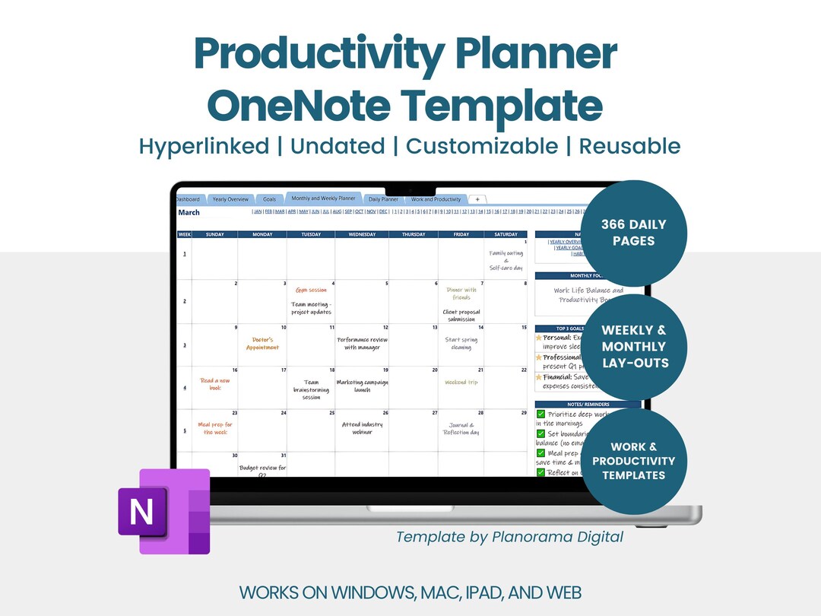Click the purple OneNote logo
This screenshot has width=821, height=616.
tap(163, 511)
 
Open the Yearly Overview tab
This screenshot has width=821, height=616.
tap(230, 199)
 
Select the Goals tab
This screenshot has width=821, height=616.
tap(269, 199)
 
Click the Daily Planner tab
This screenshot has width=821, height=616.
tap(384, 199)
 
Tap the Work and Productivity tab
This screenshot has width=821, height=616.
tap(436, 199)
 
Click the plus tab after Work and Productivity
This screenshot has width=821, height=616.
tap(477, 199)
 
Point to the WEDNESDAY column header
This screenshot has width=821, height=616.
tap(361, 234)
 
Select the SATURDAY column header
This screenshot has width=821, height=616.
tap(506, 234)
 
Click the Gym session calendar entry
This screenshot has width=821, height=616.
tap(311, 290)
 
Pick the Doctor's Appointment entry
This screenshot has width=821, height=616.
tap(262, 343)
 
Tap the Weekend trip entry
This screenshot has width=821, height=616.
tap(461, 382)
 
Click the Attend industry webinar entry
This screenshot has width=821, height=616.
tap(362, 428)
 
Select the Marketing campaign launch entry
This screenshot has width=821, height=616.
tap(362, 386)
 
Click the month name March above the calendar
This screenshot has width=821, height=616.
tap(189, 212)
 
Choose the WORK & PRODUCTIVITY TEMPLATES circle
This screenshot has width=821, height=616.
tap(633, 461)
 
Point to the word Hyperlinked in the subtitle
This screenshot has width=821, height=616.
tap(204, 146)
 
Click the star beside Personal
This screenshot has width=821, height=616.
tap(539, 337)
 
